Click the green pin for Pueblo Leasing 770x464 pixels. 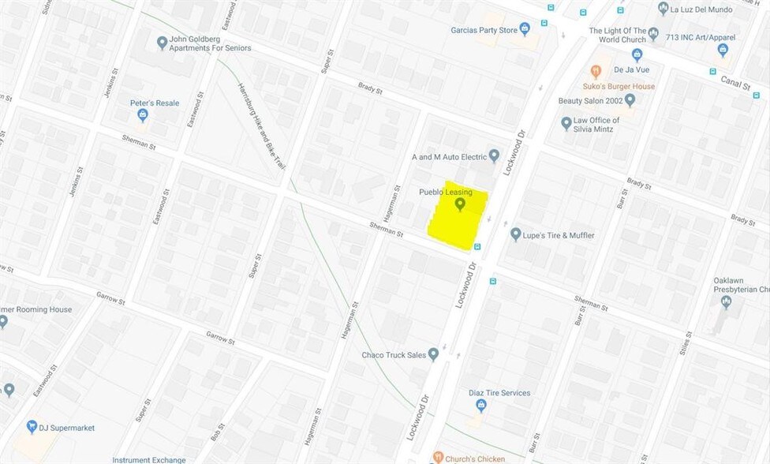point(461,204)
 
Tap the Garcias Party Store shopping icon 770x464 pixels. point(525,29)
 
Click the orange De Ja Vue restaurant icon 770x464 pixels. point(596,71)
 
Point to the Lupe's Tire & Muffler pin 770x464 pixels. point(516,234)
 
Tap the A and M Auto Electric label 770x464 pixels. point(449,157)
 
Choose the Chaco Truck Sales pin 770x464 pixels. point(433,354)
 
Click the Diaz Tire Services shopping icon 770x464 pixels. point(481,406)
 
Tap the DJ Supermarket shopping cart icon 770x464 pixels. point(32,427)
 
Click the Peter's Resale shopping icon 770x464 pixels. point(143,115)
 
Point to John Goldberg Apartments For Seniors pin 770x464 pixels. point(162,43)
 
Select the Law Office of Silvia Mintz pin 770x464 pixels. point(566,123)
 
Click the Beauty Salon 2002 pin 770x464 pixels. point(630,100)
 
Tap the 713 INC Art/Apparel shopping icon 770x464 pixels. point(723,50)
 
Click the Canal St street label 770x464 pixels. point(735,81)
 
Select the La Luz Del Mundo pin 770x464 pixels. point(663,9)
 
